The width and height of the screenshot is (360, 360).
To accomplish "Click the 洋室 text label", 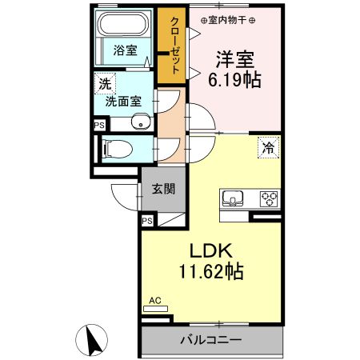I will (235, 58).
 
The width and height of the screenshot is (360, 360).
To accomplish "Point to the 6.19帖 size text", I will (235, 79).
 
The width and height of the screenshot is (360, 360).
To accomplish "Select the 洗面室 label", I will (125, 102).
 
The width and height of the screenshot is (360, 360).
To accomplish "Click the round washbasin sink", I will (142, 123).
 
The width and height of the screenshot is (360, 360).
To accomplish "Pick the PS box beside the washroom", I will (99, 125).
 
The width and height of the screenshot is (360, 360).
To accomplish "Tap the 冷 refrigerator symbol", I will (270, 146).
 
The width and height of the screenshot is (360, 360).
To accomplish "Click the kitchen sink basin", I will (233, 198).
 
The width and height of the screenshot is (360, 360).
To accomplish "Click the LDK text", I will (212, 251).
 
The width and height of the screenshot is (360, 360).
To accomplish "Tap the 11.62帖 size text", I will (212, 272).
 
